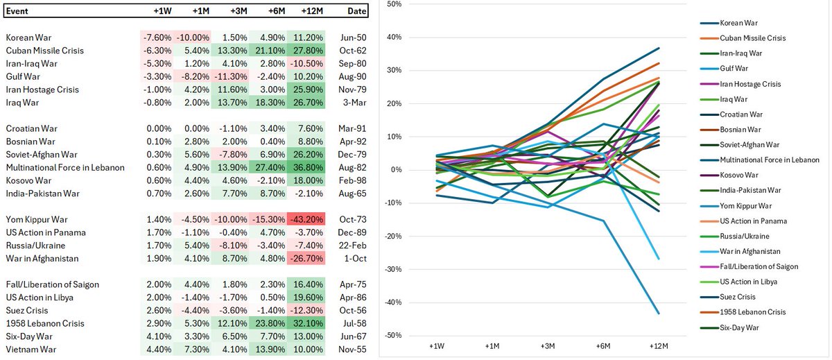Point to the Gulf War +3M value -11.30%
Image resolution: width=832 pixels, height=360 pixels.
click(x=228, y=76)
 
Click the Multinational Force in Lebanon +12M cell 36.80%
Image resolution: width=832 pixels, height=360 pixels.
click(x=304, y=167)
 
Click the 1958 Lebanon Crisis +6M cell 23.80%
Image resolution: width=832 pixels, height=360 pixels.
click(x=266, y=323)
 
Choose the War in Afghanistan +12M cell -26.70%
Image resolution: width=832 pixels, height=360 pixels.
click(x=304, y=259)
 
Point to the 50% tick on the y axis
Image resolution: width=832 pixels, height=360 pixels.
click(x=393, y=4)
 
